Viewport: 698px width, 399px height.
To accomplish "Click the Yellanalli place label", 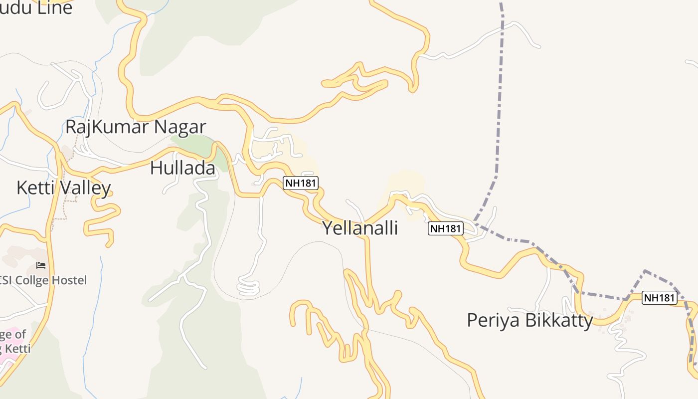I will [360, 228].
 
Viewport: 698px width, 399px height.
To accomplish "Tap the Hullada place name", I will [182, 168].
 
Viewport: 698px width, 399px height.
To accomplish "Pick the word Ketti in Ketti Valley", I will [37, 188].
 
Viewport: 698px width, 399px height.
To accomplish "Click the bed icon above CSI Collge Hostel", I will [41, 265].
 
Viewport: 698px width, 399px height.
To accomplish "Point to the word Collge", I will [31, 280].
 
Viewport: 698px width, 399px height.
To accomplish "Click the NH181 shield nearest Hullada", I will [301, 183].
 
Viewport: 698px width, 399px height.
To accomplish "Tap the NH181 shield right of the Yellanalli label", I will [446, 228].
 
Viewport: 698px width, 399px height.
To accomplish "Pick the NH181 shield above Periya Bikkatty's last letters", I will [659, 298].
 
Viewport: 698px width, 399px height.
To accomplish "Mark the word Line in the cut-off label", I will [54, 7].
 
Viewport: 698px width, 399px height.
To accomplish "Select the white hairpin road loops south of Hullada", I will [248, 286].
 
